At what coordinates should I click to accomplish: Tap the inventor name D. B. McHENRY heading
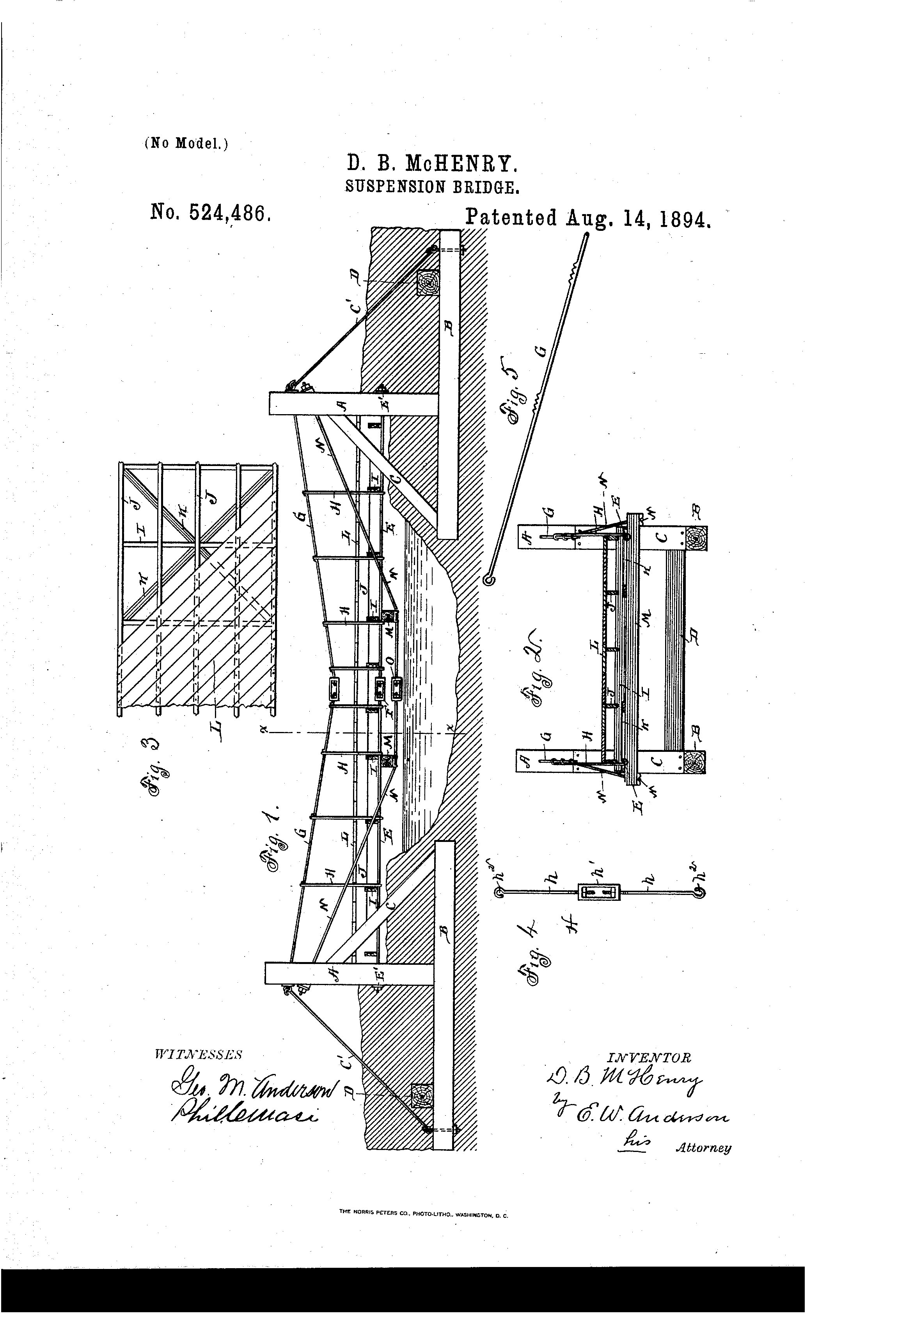(433, 164)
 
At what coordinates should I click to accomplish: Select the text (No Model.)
(186, 143)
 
